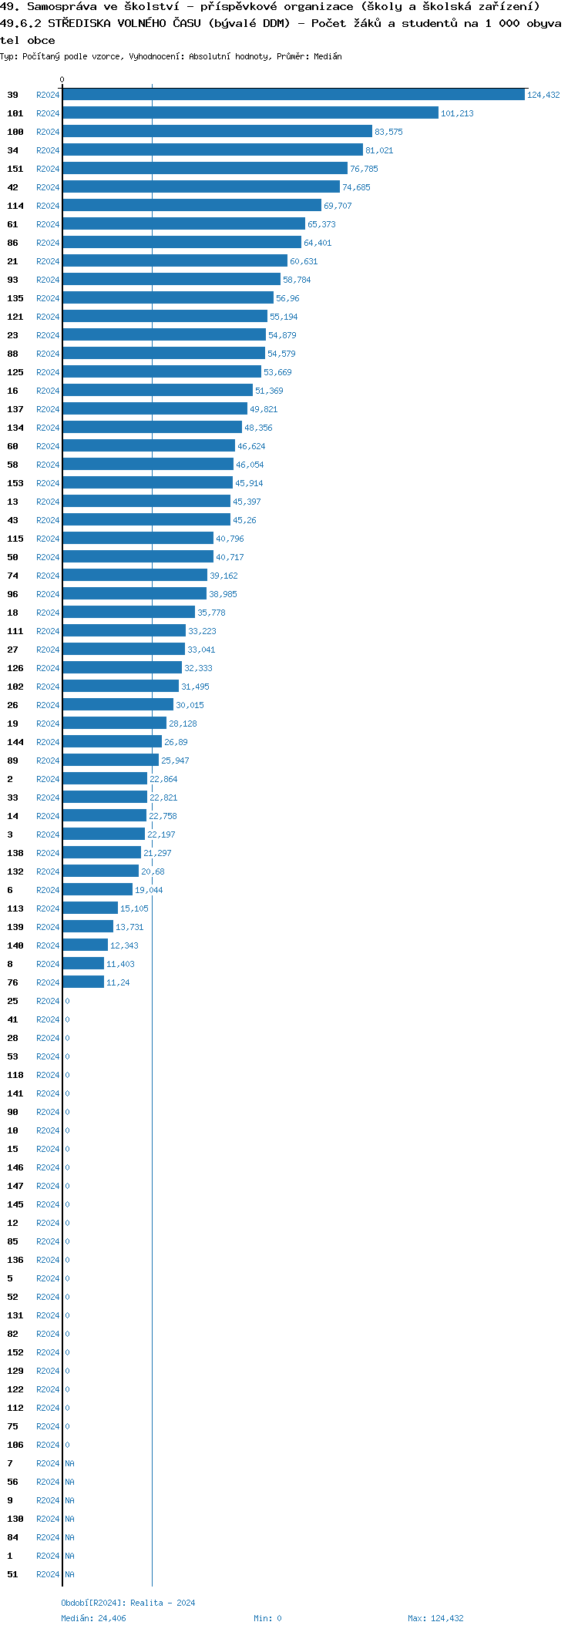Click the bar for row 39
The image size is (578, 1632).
point(293,95)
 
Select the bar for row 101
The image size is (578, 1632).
point(250,113)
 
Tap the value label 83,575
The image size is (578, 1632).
point(388,132)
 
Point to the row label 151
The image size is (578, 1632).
point(15,169)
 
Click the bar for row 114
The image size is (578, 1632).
point(192,206)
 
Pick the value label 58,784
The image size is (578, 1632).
point(297,280)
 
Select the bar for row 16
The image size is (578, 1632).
point(157,391)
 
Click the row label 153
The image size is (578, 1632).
point(15,483)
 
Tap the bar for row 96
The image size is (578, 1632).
point(134,594)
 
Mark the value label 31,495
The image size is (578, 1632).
point(195,687)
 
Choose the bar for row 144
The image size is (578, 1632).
point(112,742)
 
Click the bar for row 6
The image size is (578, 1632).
point(97,890)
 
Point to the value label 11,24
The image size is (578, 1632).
point(118,982)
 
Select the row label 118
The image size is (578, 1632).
point(15,1075)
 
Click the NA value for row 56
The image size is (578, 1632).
point(69,1482)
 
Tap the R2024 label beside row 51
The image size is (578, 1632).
point(48,1574)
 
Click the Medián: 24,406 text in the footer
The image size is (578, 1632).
point(93,1618)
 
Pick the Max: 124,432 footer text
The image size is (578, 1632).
point(435,1618)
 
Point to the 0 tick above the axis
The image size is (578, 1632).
point(62,79)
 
